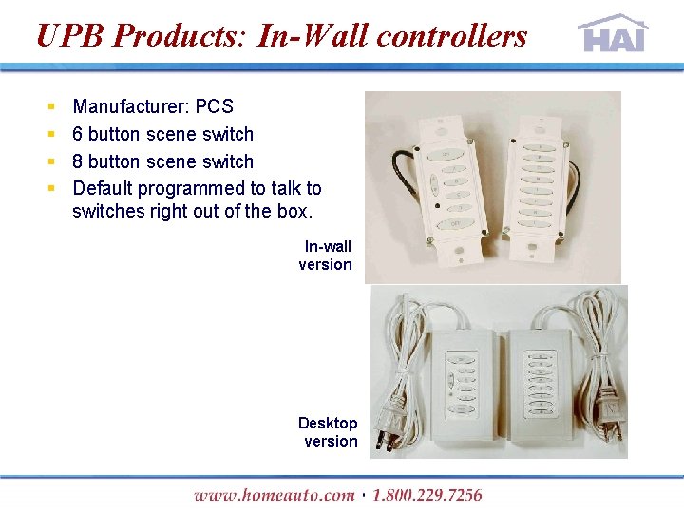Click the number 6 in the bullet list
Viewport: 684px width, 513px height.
(78, 134)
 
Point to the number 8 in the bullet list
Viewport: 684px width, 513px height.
(78, 161)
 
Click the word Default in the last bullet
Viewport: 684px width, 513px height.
(103, 189)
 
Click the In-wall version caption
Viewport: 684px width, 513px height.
(326, 256)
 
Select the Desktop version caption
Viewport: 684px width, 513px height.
(329, 432)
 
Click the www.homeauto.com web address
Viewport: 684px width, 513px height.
(274, 495)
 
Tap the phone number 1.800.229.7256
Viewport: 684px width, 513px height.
(427, 495)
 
